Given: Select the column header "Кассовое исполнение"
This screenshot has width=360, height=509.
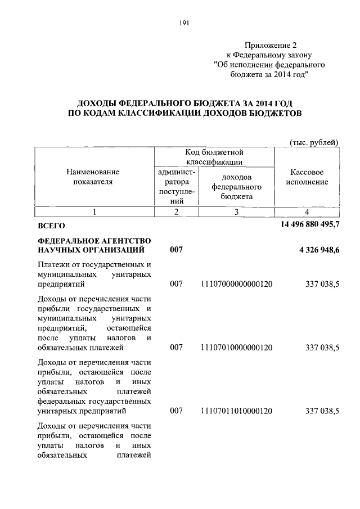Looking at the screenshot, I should coord(307,177).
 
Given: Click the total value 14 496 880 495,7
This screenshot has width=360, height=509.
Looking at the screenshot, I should coord(309,226).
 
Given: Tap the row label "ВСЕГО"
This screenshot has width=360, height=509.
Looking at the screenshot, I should coord(51,226).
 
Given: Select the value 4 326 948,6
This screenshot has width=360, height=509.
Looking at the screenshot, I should coord(316,250).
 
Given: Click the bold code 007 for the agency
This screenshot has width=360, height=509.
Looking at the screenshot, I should coord(177,250).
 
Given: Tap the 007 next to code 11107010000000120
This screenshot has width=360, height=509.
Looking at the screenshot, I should coord(177,348).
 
